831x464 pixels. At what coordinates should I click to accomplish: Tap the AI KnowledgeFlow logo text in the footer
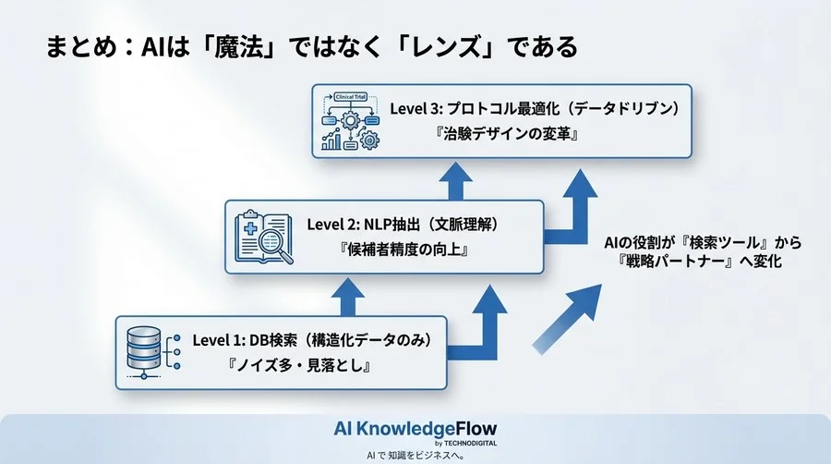click(415, 429)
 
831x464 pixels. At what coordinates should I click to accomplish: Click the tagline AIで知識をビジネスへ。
click(415, 456)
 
